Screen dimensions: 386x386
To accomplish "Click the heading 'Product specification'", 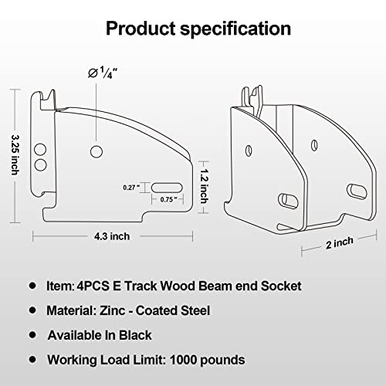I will coord(198,29).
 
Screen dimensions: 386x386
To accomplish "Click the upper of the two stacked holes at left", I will coord(41,151).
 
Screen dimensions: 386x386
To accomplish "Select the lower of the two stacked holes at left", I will coord(41,164).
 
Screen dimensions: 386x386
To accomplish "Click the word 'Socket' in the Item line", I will coord(279,286).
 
